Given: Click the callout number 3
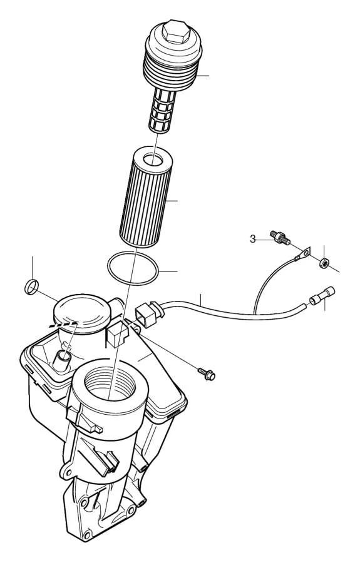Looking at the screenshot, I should pos(253,238).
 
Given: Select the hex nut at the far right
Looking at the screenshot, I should pos(324,263).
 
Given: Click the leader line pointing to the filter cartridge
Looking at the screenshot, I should pos(169,201).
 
